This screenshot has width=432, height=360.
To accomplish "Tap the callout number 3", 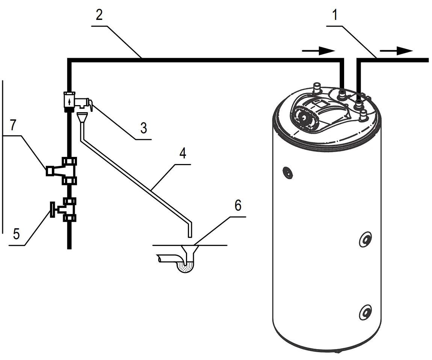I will [143, 128].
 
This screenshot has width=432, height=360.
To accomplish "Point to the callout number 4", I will [182, 154].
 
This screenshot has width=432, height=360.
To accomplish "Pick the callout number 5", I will [17, 233].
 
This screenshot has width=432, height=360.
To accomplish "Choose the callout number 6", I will [237, 206].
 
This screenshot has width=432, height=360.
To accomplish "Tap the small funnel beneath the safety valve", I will [82, 116].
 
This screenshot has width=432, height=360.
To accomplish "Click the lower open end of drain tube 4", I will [190, 236].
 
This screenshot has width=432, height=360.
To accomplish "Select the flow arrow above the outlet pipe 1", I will [396, 51].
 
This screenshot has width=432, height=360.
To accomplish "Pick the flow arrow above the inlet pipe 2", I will [318, 51].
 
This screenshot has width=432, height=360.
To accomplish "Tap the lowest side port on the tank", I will [365, 312].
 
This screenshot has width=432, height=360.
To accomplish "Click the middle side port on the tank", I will [365, 239].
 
